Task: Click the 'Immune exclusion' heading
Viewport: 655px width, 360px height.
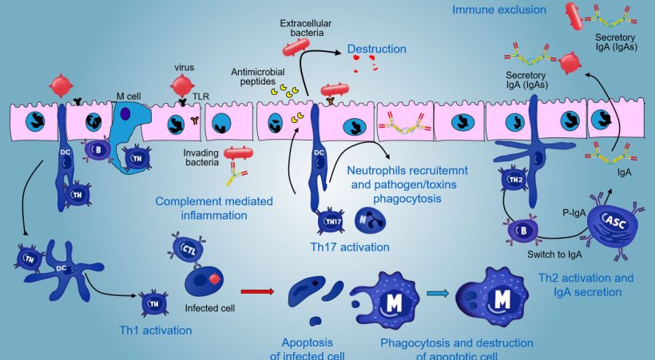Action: tap(499, 10)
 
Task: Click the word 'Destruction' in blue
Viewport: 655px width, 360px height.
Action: tap(376, 49)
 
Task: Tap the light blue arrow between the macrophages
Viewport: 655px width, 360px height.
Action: tap(437, 295)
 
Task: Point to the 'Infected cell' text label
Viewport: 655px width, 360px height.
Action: tap(208, 307)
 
